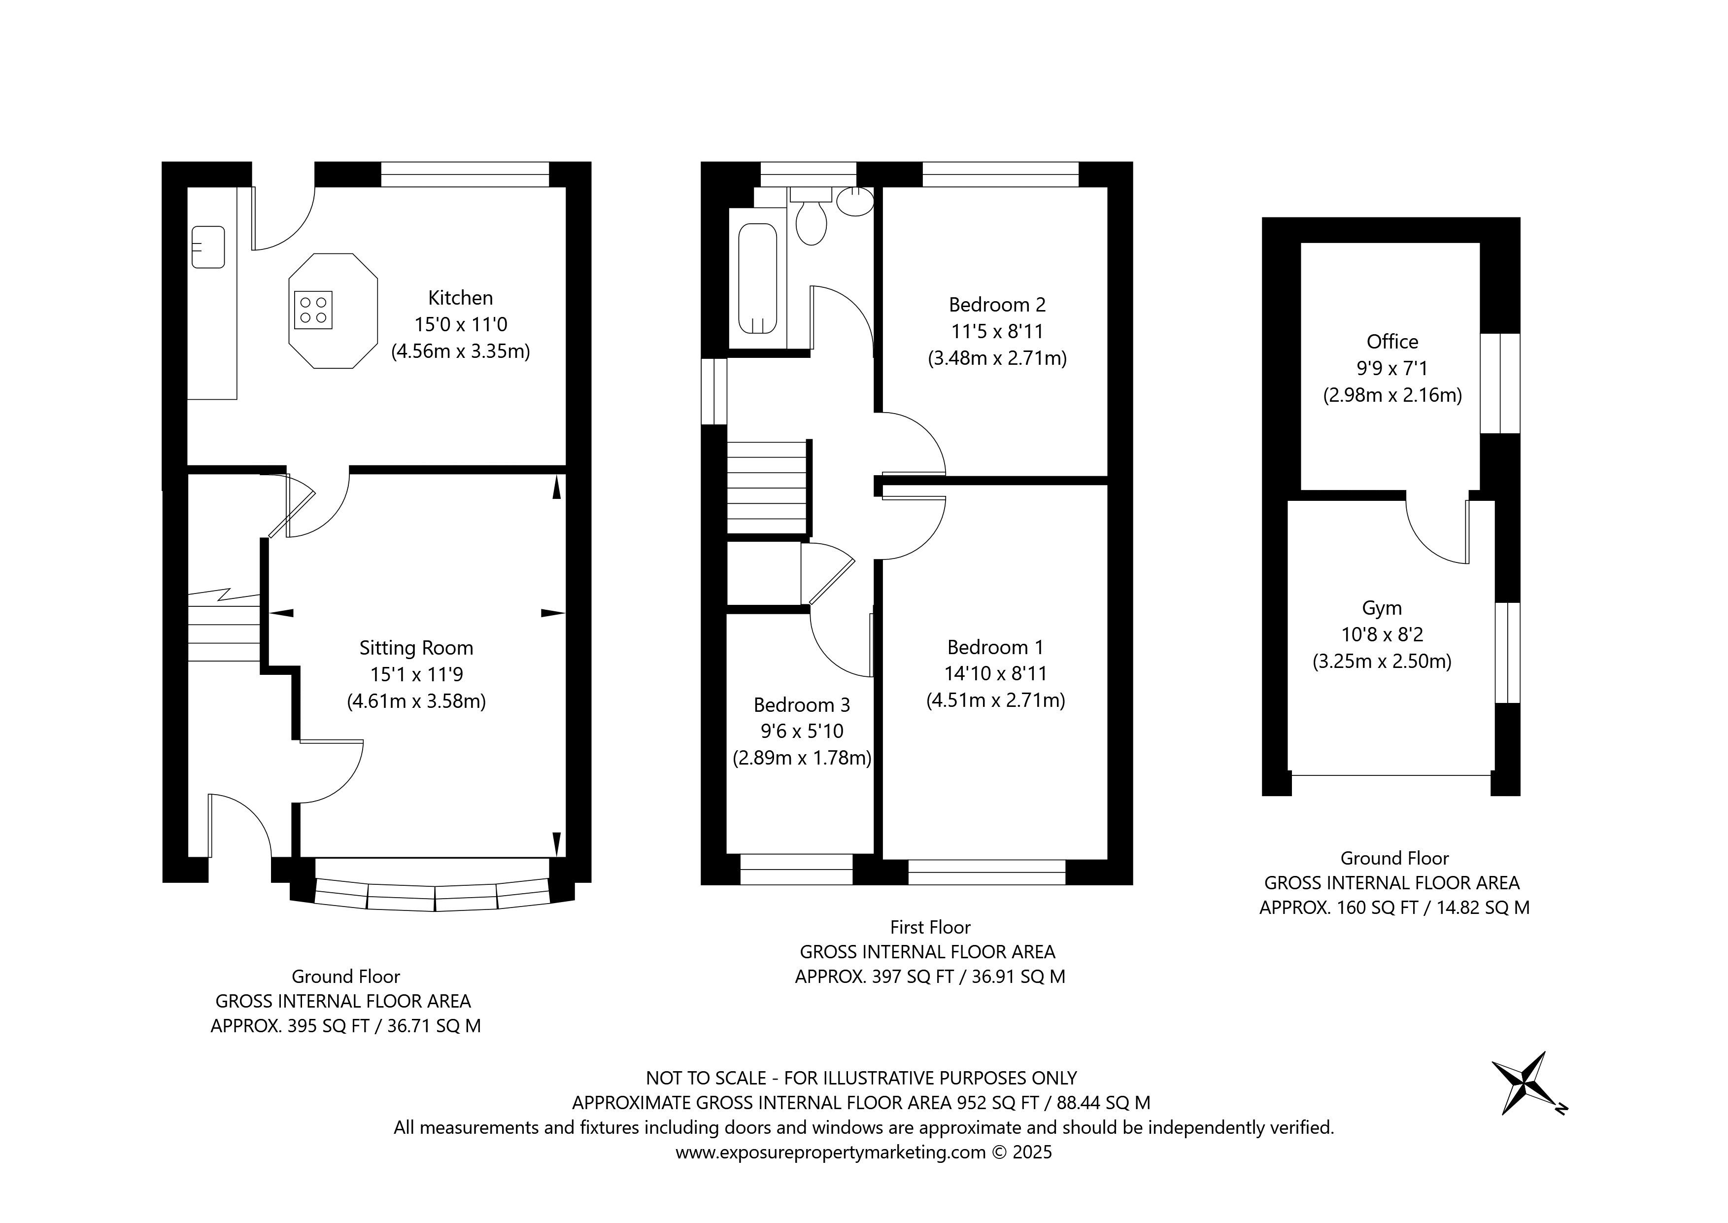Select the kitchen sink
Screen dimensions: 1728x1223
(x=208, y=247)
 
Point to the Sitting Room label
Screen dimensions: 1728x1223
(x=416, y=648)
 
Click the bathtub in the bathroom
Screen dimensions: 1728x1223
(x=758, y=278)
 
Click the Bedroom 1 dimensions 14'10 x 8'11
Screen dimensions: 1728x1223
(x=996, y=673)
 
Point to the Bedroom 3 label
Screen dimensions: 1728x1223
(x=802, y=705)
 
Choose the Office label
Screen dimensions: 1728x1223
(x=1392, y=342)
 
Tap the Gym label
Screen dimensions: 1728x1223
(x=1382, y=608)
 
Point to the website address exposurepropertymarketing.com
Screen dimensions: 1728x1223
(x=830, y=1152)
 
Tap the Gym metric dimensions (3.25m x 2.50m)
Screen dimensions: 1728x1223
(x=1382, y=661)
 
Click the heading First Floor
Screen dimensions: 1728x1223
(x=930, y=927)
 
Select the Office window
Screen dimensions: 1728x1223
(x=1500, y=384)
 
